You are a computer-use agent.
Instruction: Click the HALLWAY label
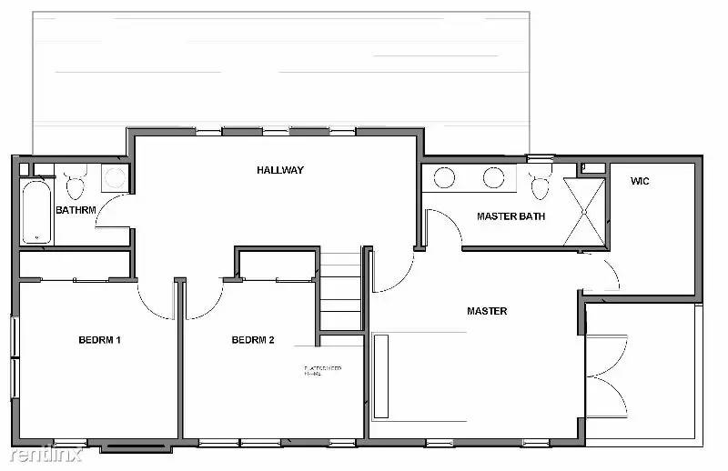[279, 170]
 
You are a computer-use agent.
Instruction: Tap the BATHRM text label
[76, 210]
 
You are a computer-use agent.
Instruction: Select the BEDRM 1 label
[99, 340]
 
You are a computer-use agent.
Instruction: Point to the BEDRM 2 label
[253, 340]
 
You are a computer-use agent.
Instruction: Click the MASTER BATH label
[511, 216]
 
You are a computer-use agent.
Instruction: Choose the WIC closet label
[640, 181]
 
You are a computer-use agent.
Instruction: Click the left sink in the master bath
[445, 177]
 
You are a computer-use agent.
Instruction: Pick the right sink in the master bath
[493, 177]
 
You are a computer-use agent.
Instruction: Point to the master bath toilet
[541, 183]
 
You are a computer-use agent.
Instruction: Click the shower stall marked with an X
[585, 212]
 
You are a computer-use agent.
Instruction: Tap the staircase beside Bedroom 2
[341, 286]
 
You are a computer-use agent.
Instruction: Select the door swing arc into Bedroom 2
[205, 302]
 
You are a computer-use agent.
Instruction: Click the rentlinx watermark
[42, 452]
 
